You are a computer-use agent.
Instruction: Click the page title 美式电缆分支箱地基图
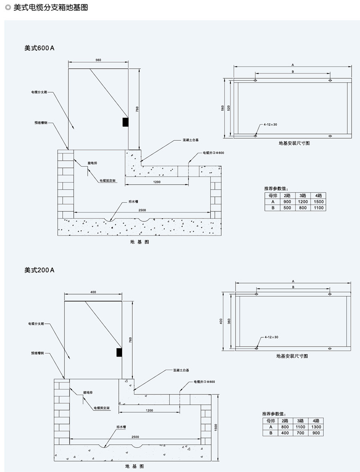(50, 8)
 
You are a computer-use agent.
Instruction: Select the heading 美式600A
(39, 48)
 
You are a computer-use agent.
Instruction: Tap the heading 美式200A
(39, 270)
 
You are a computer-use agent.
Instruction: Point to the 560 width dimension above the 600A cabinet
(98, 60)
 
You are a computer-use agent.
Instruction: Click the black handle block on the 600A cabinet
(125, 122)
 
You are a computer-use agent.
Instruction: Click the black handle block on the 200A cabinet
(119, 352)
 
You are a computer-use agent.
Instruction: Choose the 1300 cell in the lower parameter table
(316, 427)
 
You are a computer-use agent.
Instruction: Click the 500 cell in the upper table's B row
(287, 208)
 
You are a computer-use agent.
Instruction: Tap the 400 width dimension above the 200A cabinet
(93, 292)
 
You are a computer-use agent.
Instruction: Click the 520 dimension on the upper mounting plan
(229, 108)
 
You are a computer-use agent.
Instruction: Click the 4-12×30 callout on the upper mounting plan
(270, 125)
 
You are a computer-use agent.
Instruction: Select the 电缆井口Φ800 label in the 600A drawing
(214, 153)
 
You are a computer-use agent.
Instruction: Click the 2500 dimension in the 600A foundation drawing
(142, 210)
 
